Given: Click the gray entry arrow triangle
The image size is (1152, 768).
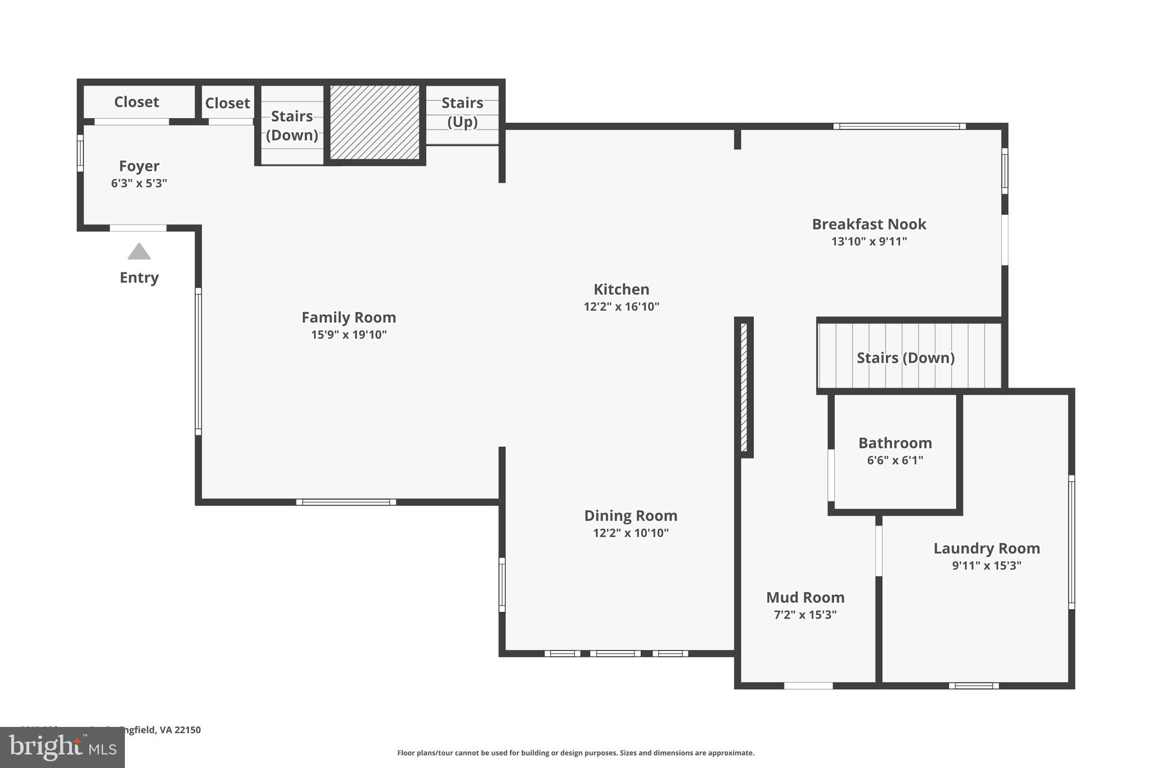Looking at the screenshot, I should [139, 252].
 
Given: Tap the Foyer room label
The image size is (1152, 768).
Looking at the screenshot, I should [139, 166].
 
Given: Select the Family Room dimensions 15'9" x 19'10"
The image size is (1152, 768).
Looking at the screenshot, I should [349, 335].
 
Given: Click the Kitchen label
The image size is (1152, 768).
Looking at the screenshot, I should [621, 289].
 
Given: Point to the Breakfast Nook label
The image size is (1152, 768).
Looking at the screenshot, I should [868, 224].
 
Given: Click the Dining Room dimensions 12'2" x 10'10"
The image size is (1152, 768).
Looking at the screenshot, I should [631, 533].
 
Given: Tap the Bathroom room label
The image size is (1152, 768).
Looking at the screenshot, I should [895, 443].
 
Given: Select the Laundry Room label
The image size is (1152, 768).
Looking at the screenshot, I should [987, 548].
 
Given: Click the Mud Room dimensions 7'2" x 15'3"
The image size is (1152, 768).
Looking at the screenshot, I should [805, 614].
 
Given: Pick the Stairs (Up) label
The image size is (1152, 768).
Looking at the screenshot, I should [462, 112].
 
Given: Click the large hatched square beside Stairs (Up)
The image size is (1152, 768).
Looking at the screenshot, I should [375, 122].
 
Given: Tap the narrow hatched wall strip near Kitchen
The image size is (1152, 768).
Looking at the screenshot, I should [744, 387].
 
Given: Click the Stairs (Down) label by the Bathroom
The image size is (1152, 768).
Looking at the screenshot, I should [905, 358].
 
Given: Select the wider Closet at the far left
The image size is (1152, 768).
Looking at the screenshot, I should [137, 102].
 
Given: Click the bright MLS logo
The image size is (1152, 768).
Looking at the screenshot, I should [62, 747].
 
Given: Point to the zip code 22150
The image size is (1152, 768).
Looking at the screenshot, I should [187, 730].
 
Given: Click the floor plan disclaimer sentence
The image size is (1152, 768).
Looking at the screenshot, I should [575, 753].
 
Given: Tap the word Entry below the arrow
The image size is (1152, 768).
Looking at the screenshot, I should [139, 277].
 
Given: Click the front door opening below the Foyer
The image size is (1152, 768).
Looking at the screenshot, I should [138, 228].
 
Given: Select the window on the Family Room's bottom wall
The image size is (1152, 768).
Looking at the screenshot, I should [346, 502].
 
